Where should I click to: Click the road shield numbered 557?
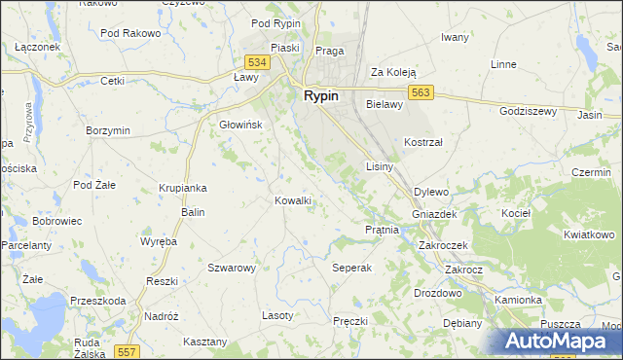click(126, 350)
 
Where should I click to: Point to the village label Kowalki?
click(293, 200)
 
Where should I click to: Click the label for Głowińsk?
click(239, 125)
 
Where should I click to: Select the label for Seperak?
click(352, 268)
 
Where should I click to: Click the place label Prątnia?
click(383, 231)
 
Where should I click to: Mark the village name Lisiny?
click(379, 167)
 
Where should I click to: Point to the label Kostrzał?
click(423, 142)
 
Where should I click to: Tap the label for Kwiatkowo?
click(590, 234)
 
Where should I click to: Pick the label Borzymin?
click(108, 130)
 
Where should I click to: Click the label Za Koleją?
click(393, 72)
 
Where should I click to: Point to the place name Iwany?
click(455, 37)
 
